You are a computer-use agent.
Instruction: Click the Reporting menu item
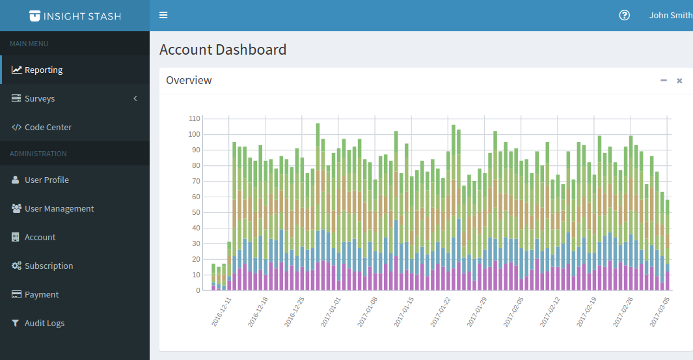(43, 70)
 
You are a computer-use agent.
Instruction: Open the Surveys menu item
(39, 99)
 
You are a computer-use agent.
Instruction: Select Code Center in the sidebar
(48, 128)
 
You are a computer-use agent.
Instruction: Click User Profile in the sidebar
(46, 180)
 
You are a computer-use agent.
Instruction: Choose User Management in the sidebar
(59, 209)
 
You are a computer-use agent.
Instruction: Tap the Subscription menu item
(48, 266)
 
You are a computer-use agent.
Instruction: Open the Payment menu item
(41, 295)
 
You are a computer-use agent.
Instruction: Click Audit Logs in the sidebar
(44, 324)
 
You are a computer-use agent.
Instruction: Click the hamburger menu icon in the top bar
(163, 16)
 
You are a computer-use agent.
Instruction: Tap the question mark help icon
(624, 16)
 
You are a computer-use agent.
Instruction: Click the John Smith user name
(670, 16)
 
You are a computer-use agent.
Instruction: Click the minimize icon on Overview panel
(664, 81)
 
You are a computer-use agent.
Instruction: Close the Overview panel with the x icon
(679, 81)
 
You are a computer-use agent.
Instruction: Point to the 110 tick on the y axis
(194, 119)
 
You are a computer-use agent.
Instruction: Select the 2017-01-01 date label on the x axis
(331, 313)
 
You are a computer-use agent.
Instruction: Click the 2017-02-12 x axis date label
(550, 313)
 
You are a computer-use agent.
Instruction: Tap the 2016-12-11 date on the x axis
(222, 313)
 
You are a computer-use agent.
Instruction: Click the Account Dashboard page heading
(223, 50)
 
